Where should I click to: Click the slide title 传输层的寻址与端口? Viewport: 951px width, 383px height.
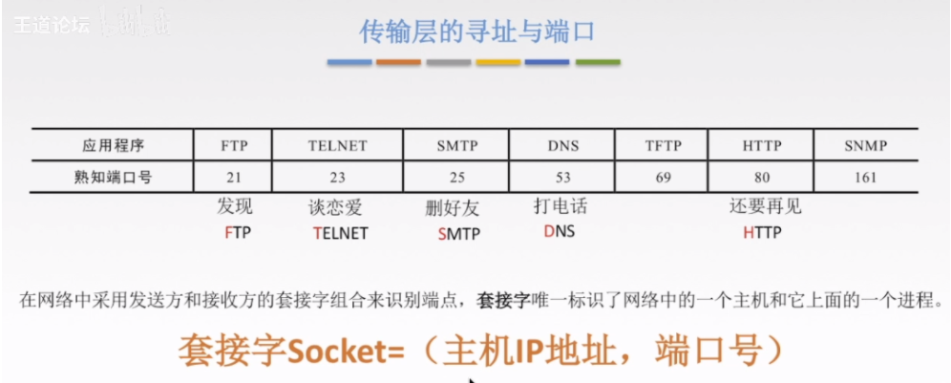(476, 32)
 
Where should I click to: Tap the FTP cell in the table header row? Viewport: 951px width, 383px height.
(233, 146)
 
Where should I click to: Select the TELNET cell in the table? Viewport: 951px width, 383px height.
(337, 146)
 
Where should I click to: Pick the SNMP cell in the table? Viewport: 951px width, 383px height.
(865, 146)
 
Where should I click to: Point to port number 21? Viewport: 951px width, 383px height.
(233, 177)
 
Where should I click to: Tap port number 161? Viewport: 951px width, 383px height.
(865, 177)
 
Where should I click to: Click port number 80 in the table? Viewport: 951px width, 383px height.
(761, 177)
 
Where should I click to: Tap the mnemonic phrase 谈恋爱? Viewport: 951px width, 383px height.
(336, 207)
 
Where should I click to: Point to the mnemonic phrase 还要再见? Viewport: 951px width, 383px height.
(765, 207)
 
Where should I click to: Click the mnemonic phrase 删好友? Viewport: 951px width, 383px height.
(453, 207)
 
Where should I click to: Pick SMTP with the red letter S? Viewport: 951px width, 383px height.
(458, 233)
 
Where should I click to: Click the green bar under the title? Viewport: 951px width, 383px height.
(598, 63)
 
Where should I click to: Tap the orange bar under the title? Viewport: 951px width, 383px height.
(398, 63)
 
